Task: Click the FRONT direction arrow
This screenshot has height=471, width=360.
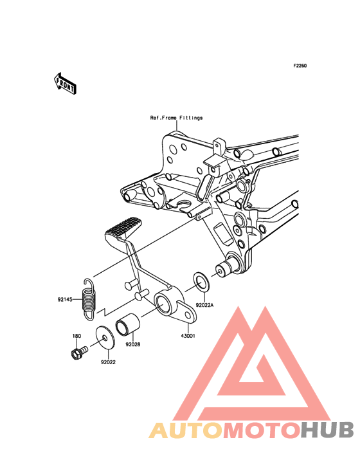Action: [65, 83]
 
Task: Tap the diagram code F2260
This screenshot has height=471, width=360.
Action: [300, 66]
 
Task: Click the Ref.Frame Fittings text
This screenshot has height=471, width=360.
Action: [176, 118]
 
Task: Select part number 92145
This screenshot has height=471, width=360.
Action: [65, 299]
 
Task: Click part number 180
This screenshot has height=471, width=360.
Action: [76, 336]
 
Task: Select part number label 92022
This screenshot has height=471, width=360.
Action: [108, 362]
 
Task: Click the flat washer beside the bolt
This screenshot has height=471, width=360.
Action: [105, 338]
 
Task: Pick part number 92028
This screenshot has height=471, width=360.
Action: [133, 344]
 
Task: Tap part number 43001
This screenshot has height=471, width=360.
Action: [188, 336]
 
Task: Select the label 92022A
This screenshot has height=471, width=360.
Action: [204, 305]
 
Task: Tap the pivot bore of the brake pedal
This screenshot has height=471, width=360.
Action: [163, 304]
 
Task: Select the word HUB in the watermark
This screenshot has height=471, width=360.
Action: [328, 430]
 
